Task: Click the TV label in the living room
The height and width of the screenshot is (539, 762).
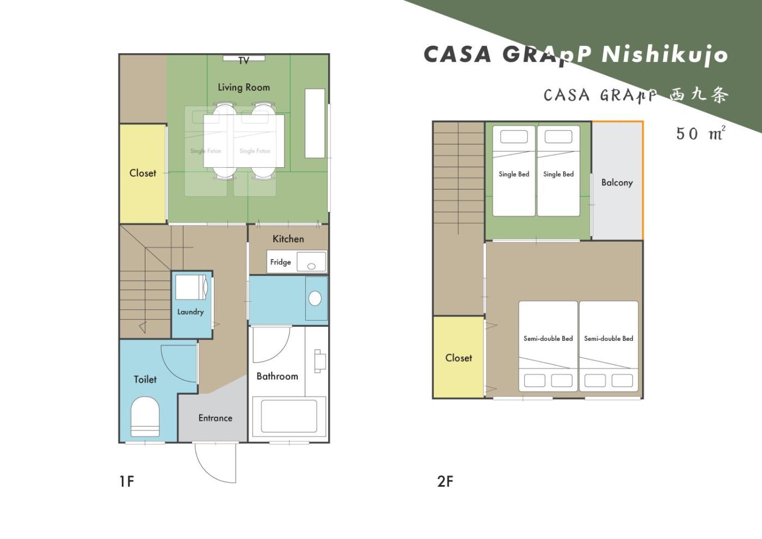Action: pyautogui.click(x=244, y=61)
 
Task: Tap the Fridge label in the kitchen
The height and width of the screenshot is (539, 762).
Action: pyautogui.click(x=281, y=262)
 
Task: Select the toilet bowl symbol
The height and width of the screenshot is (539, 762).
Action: pyautogui.click(x=145, y=416)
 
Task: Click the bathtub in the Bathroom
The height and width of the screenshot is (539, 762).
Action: pyautogui.click(x=289, y=416)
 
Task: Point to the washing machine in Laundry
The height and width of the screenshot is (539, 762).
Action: pyautogui.click(x=191, y=287)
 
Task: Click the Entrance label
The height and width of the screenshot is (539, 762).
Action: pyautogui.click(x=216, y=418)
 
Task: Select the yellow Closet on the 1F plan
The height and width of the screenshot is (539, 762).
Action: pyautogui.click(x=143, y=174)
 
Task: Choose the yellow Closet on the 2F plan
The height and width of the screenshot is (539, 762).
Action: pyautogui.click(x=458, y=357)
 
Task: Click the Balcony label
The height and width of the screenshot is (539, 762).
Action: pyautogui.click(x=617, y=183)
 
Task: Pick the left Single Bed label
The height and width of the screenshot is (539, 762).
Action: pyautogui.click(x=514, y=174)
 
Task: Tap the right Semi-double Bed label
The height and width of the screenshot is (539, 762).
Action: pyautogui.click(x=609, y=339)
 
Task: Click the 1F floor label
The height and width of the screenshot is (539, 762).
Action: pyautogui.click(x=127, y=481)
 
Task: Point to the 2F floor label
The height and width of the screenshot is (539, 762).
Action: pyautogui.click(x=445, y=481)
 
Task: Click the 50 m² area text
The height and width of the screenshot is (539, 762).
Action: pyautogui.click(x=701, y=133)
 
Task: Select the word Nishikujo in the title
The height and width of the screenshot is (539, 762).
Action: pyautogui.click(x=665, y=55)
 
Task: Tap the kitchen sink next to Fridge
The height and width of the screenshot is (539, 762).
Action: pyautogui.click(x=311, y=262)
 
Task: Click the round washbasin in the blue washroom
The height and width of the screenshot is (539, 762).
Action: pyautogui.click(x=315, y=298)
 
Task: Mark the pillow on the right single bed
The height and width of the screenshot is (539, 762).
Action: pyautogui.click(x=558, y=137)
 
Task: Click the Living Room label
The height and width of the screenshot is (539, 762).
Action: pyautogui.click(x=244, y=88)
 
